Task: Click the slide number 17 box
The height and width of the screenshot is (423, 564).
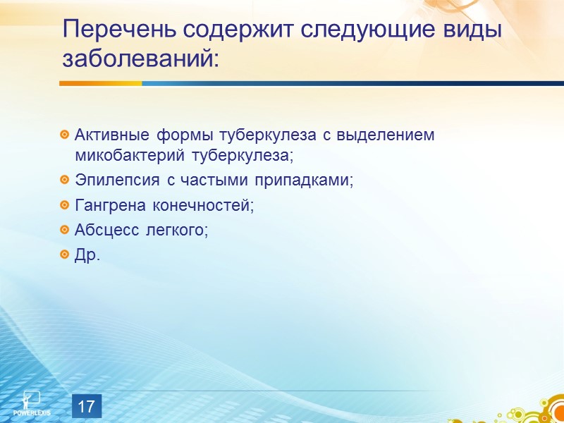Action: (x=87, y=407)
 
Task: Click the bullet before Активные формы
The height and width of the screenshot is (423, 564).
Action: (x=65, y=135)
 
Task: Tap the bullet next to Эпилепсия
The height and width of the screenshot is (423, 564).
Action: (x=65, y=180)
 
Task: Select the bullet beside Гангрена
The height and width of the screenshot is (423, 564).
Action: (x=65, y=206)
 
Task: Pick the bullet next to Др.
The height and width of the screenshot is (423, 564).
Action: (x=65, y=255)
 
